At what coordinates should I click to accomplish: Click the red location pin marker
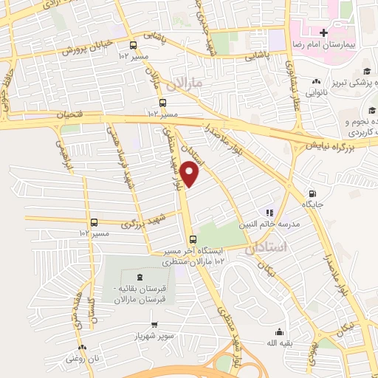(190, 174)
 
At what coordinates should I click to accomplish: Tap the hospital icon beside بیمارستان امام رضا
(323, 32)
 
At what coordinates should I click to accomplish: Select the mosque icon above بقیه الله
(279, 331)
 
